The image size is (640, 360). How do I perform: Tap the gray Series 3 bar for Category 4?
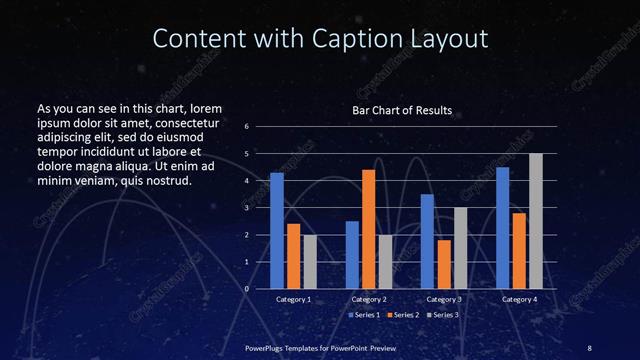click(x=535, y=221)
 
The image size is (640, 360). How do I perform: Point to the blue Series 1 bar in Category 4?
click(x=503, y=227)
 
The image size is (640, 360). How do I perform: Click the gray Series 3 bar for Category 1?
click(x=309, y=261)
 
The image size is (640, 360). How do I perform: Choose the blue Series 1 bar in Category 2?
click(x=352, y=254)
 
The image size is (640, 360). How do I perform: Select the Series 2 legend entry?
click(x=404, y=315)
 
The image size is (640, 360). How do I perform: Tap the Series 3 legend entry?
click(x=444, y=315)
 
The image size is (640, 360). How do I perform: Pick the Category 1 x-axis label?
click(x=293, y=300)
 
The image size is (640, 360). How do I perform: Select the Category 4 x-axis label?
click(x=519, y=300)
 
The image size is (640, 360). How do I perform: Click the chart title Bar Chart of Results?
click(x=402, y=109)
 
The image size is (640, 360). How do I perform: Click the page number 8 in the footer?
click(x=590, y=347)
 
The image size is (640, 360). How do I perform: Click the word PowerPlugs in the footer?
click(x=268, y=347)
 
